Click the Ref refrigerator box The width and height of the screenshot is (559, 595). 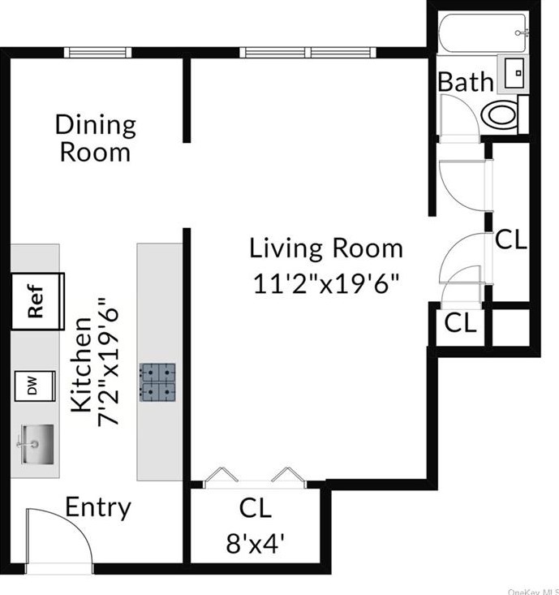(37, 301)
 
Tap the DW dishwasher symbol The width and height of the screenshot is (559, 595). (35, 386)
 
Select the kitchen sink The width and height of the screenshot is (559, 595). (37, 444)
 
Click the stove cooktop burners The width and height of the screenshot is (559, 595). (157, 382)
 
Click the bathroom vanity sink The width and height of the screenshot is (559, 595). (514, 74)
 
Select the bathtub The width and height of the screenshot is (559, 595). (483, 33)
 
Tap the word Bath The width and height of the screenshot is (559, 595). (466, 82)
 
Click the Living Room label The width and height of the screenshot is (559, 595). (326, 248)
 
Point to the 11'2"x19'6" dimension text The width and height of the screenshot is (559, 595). (326, 283)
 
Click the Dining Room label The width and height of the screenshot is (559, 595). (95, 138)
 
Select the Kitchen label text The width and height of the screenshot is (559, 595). (81, 364)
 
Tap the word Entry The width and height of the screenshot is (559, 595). (98, 508)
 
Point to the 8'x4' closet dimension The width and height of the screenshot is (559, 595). (256, 543)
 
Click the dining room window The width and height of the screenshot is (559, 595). (97, 53)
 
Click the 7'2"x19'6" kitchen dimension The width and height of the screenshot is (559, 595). (109, 363)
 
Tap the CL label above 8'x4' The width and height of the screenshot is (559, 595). (256, 508)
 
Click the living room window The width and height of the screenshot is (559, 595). (307, 53)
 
